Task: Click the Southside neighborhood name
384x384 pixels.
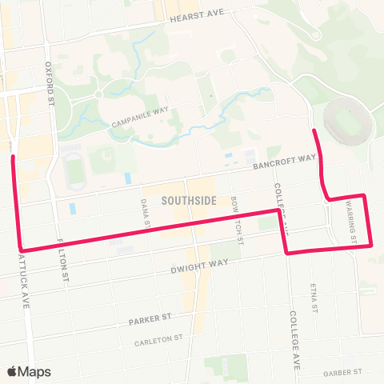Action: pos(188,201)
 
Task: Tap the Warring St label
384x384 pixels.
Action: pos(350,222)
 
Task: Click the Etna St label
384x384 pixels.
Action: pos(314,298)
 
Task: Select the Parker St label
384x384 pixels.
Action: pos(150,320)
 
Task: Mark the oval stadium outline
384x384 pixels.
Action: pos(348,120)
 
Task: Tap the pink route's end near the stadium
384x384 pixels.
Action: pos(314,130)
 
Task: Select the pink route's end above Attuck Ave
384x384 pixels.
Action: pos(13,157)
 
